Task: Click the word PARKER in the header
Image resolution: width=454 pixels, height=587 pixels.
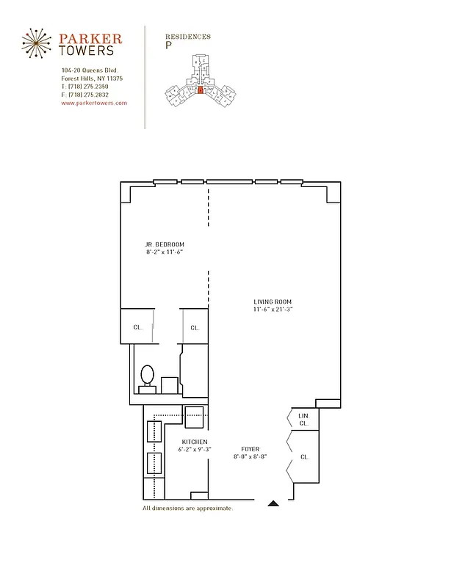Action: [91, 38]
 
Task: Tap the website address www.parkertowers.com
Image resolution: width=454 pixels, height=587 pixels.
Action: [94, 103]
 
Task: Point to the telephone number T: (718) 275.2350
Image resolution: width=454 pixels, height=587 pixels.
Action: [84, 87]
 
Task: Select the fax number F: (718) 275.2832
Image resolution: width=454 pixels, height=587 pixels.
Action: [84, 95]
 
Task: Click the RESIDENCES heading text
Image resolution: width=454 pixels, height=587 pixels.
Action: [188, 36]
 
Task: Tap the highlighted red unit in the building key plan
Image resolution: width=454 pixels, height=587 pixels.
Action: [199, 91]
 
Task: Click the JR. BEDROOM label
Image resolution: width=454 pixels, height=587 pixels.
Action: [164, 244]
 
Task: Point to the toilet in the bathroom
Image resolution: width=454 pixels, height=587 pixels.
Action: [147, 376]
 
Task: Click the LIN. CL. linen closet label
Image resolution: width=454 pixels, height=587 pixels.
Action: [304, 420]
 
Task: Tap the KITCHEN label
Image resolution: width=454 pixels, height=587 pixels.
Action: [195, 442]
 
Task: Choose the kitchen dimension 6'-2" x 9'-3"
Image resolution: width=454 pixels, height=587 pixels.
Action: [195, 449]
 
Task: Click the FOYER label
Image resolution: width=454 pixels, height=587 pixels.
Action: [250, 449]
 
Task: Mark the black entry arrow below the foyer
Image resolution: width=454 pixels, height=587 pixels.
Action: [273, 503]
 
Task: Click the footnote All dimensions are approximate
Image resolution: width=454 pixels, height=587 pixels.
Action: [187, 508]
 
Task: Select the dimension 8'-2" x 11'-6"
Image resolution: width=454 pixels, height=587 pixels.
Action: [164, 252]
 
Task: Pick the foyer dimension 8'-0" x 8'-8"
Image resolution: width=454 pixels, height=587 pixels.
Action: [250, 456]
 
